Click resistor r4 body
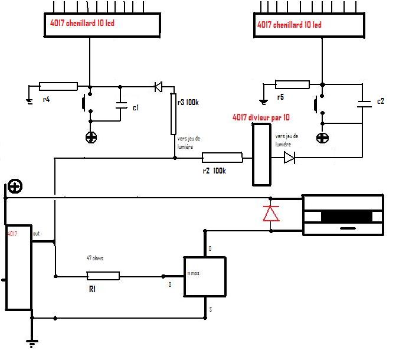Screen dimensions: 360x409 [58, 87]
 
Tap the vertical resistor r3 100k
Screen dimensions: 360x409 [174, 113]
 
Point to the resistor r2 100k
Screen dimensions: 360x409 [222, 158]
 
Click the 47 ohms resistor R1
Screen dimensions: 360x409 [103, 276]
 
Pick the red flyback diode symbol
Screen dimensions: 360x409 [271, 212]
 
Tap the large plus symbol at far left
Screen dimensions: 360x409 [15, 186]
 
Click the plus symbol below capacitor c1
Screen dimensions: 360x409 [90, 138]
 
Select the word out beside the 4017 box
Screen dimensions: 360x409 [37, 233]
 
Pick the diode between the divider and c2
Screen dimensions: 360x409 [289, 158]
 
